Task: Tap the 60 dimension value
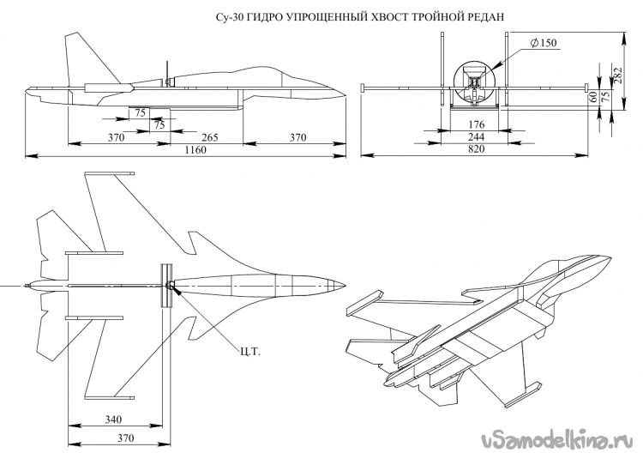tap(593, 97)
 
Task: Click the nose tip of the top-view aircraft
tap(345, 285)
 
